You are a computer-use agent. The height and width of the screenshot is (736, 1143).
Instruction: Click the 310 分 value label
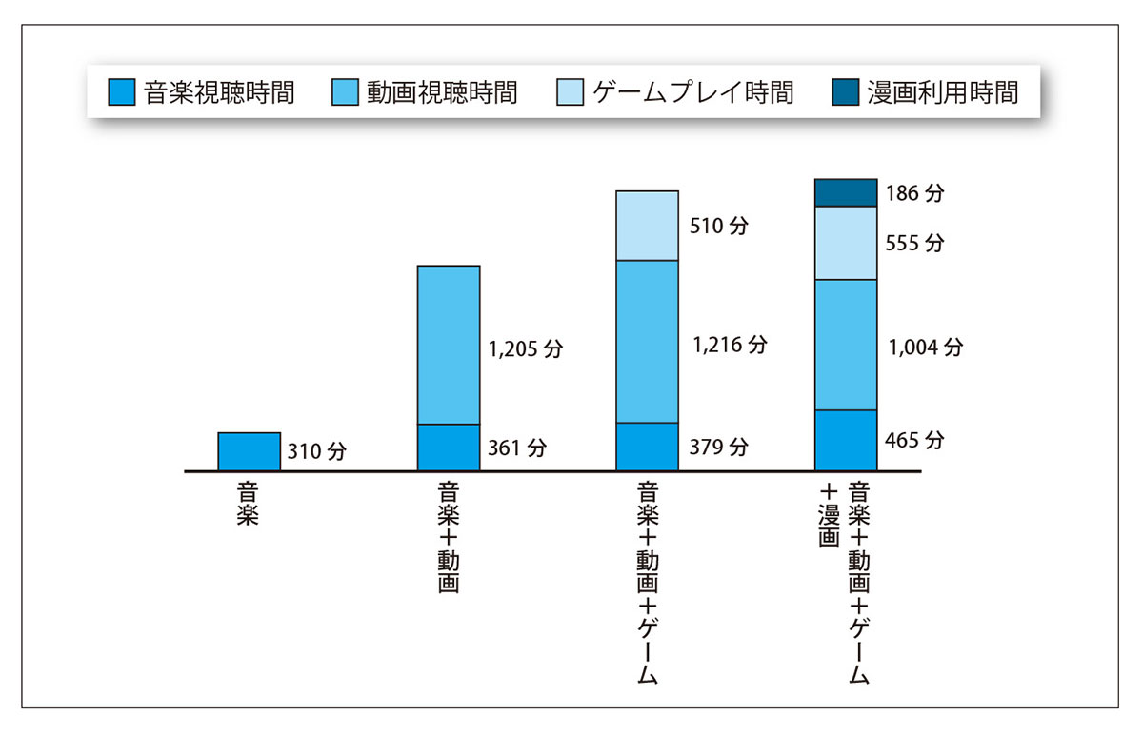point(317,452)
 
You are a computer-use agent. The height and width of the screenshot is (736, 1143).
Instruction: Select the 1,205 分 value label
point(526,349)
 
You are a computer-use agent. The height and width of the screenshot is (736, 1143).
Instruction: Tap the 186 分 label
point(915,193)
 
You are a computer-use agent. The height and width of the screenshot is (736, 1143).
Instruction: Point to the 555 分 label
point(915,243)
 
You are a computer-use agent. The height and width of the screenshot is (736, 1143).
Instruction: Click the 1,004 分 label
point(925,348)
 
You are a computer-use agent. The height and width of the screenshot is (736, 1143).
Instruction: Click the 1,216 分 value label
point(730,345)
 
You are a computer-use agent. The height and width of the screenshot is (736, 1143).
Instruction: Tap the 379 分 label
point(720,447)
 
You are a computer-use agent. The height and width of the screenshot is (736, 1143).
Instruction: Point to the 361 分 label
point(518,448)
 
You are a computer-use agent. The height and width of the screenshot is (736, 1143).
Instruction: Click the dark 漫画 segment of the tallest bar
point(846,192)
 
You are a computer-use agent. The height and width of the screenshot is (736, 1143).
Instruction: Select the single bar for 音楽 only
point(249,451)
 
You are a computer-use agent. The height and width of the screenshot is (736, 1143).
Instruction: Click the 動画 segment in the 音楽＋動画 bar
point(449,345)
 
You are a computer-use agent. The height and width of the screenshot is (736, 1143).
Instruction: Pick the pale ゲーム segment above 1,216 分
point(647,226)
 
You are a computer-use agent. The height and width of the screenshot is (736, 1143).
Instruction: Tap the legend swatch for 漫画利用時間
point(847,92)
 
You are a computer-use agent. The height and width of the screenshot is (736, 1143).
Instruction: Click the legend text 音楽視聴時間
point(219,92)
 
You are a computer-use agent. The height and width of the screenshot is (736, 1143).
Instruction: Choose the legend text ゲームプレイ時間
point(692,92)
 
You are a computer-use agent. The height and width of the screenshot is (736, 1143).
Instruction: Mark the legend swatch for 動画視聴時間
point(346,92)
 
